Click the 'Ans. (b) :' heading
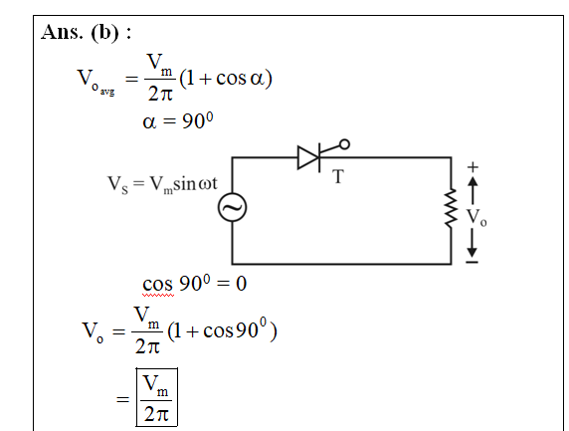[x=86, y=32]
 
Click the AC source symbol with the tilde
[x=232, y=207]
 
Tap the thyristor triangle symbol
[x=308, y=157]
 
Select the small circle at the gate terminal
[x=344, y=144]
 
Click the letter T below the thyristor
[x=338, y=177]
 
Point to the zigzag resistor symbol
[x=451, y=208]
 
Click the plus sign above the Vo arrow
[x=473, y=167]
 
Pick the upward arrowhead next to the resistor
[x=473, y=182]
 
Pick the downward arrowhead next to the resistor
[x=472, y=252]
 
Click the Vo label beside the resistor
[x=476, y=217]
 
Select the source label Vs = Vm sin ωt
[x=162, y=184]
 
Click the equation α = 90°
[x=178, y=120]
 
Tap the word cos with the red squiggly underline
[x=158, y=285]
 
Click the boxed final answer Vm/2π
[x=156, y=397]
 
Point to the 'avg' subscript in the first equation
[x=107, y=92]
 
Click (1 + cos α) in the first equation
[x=226, y=78]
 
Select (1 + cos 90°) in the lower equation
[x=222, y=329]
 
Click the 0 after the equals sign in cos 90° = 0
[x=242, y=284]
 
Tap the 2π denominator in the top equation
[x=160, y=94]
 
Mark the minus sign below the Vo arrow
[x=472, y=262]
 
